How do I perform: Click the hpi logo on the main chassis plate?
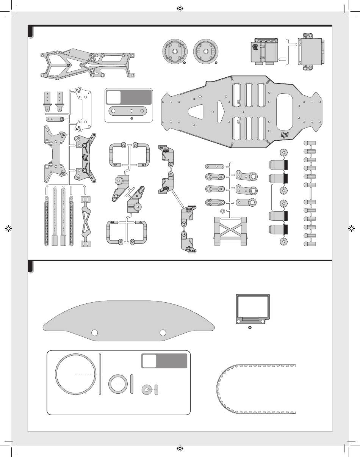285,135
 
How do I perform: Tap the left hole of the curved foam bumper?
95,333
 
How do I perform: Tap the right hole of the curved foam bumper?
163,333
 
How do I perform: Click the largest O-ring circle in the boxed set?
76,374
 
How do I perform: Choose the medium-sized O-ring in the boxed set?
117,384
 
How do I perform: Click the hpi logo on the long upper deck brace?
69,65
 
